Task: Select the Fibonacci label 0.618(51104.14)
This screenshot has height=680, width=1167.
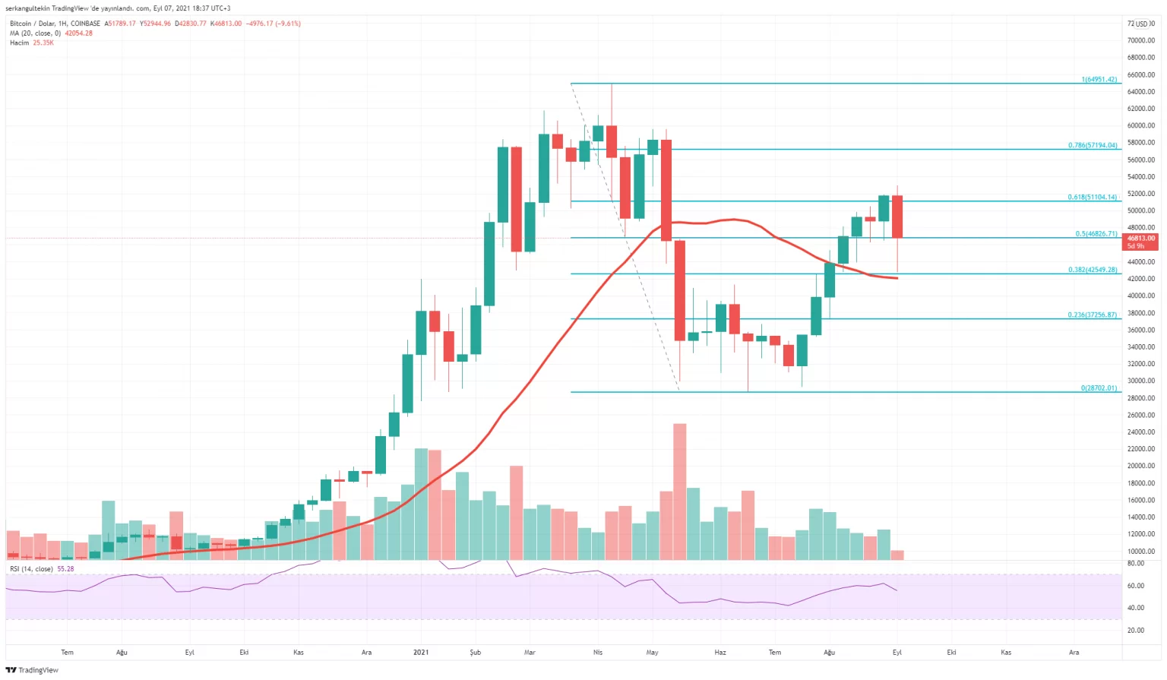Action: coord(1092,197)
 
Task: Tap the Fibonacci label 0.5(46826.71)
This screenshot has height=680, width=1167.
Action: coord(1096,234)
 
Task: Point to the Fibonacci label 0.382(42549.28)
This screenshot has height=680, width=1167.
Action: coord(1092,270)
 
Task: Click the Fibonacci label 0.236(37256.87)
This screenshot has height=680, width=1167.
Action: coord(1092,315)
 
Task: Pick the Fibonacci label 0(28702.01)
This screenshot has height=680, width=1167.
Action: coord(1099,388)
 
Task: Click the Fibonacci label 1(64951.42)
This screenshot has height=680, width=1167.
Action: coord(1099,80)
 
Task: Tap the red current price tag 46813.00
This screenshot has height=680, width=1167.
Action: coord(1140,239)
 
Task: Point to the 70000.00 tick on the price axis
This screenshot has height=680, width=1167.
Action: coord(1140,40)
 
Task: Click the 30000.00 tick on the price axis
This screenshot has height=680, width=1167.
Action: coord(1140,381)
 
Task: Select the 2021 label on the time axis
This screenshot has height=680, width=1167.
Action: coord(421,653)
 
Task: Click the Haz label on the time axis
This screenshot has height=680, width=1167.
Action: coord(720,653)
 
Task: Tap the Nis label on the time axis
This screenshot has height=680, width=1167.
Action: coord(598,653)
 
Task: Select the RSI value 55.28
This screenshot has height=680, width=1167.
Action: coord(66,569)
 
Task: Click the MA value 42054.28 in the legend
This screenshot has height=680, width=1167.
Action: coord(78,33)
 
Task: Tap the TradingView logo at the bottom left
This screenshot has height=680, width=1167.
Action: coord(32,670)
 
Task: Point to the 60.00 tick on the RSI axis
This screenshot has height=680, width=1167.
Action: coord(1135,586)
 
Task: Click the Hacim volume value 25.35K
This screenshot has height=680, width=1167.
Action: coord(43,43)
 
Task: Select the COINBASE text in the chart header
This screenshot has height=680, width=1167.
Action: coord(85,24)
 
